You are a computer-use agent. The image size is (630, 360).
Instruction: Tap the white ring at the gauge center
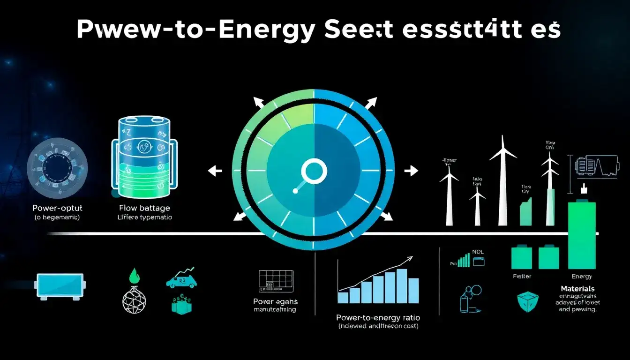click(314, 172)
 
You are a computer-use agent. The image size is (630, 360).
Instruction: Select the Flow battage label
click(144, 208)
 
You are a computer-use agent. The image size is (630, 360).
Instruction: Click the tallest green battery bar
click(581, 234)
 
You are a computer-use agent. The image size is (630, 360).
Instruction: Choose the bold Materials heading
click(577, 289)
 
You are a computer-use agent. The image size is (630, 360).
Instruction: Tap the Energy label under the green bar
click(582, 277)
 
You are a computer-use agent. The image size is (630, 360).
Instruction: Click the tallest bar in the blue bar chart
click(402, 286)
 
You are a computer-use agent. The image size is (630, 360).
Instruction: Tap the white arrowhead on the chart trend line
click(410, 258)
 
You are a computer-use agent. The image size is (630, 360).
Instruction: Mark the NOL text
click(478, 252)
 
